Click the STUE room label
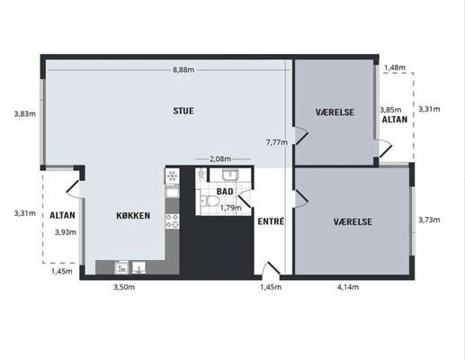click(x=183, y=111)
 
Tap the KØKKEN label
click(x=133, y=215)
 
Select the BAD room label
click(x=225, y=192)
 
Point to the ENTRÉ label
click(x=271, y=221)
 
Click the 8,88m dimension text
click(x=183, y=70)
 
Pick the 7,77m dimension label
click(x=277, y=142)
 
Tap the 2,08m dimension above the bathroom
click(x=220, y=159)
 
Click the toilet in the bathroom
click(x=210, y=201)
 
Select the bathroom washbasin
click(x=230, y=175)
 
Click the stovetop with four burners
click(x=173, y=221)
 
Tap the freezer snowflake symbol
click(x=172, y=175)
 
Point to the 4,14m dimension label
click(x=348, y=287)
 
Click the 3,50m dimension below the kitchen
click(x=124, y=287)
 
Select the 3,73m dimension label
click(x=429, y=220)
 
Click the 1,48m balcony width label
click(x=395, y=67)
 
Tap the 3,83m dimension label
click(x=25, y=114)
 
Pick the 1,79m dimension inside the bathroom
click(x=230, y=208)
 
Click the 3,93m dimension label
click(x=66, y=232)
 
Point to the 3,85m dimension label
click(x=390, y=110)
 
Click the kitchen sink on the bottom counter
click(x=139, y=267)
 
